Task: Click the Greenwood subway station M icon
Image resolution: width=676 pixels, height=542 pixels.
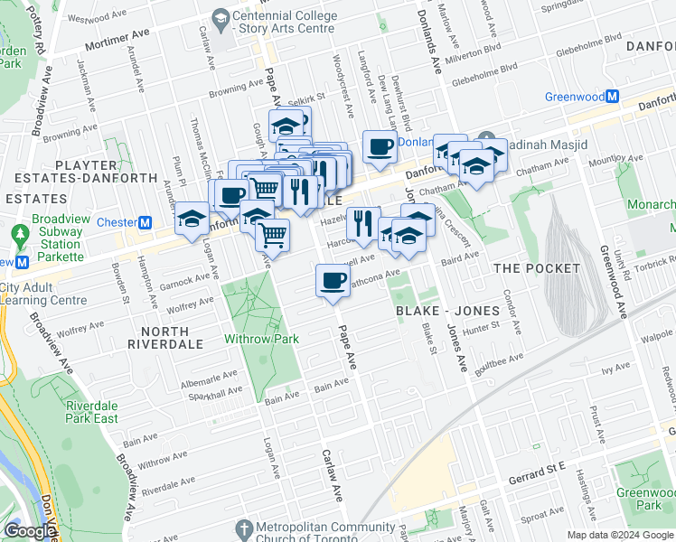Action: [612, 97]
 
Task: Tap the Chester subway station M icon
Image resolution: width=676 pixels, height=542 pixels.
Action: [144, 223]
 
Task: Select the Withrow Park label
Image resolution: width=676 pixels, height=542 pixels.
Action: [261, 340]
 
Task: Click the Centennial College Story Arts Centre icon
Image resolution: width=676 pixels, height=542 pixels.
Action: [220, 17]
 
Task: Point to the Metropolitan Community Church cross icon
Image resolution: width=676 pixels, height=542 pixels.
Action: [241, 528]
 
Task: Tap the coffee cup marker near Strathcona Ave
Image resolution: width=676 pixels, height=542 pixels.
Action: [333, 280]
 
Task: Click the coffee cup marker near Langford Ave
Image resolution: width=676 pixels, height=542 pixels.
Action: [380, 145]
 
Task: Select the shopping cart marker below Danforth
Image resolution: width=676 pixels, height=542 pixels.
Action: [272, 235]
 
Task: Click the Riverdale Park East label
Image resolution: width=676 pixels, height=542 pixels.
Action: [91, 412]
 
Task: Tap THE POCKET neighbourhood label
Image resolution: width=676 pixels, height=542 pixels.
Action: [536, 268]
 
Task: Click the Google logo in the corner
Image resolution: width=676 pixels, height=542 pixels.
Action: [29, 531]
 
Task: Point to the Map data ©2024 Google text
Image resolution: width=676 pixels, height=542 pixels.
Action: [619, 535]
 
